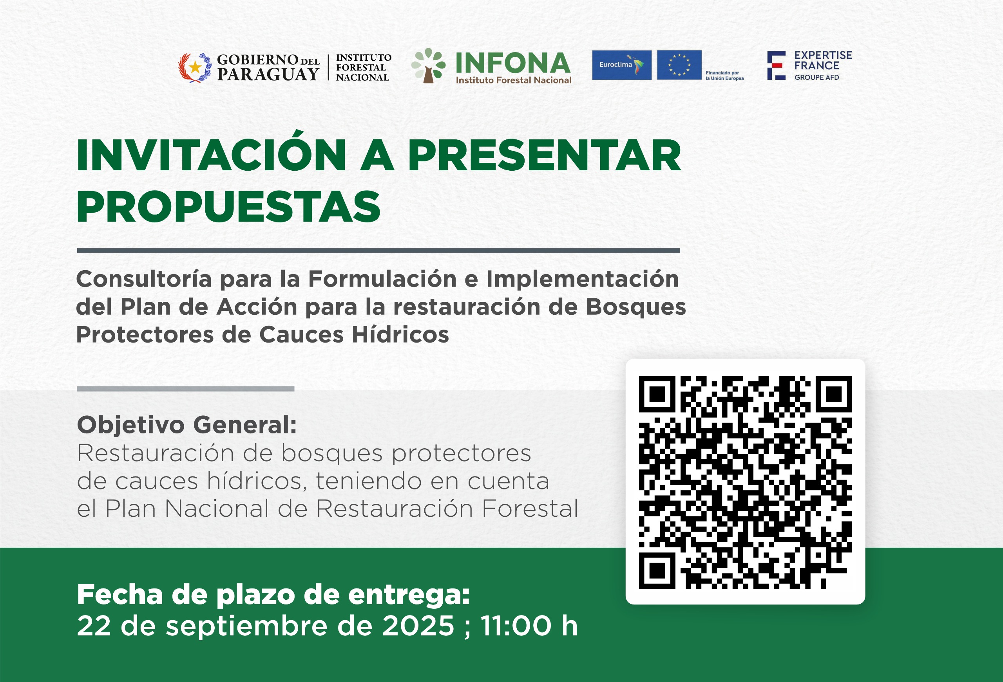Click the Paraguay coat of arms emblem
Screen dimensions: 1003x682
195,67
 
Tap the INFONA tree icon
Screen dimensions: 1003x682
428,65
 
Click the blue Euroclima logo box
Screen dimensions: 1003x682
621,65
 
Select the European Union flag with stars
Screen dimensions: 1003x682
679,65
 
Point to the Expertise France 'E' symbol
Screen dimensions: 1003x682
776,65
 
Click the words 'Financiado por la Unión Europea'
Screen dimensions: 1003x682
725,76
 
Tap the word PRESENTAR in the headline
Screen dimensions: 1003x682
544,155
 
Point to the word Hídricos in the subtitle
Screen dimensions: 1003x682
400,334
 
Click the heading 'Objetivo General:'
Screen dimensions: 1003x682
187,425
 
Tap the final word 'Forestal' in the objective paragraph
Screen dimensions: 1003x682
530,509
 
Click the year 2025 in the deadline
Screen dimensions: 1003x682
418,626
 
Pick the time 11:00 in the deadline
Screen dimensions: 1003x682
516,626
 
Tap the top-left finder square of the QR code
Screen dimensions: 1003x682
657,394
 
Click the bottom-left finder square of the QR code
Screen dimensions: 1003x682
657,570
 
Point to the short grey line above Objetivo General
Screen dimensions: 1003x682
186,389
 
